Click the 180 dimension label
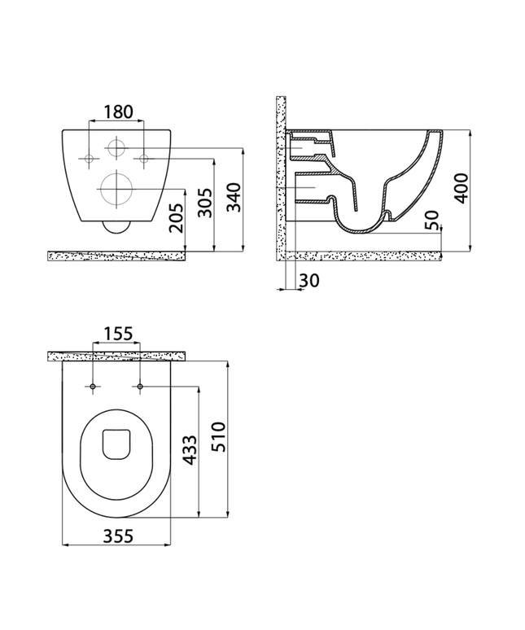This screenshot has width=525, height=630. pos(117,112)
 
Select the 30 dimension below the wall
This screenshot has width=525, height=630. pos(309,280)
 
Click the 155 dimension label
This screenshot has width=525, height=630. pos(117,335)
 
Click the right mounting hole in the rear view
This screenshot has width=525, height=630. pos(144,157)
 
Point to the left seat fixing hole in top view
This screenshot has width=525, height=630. pos(95,385)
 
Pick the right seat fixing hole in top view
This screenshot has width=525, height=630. pos(140,385)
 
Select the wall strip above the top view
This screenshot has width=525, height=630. pos(117,356)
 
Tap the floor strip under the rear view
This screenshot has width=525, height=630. pos(117,256)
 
